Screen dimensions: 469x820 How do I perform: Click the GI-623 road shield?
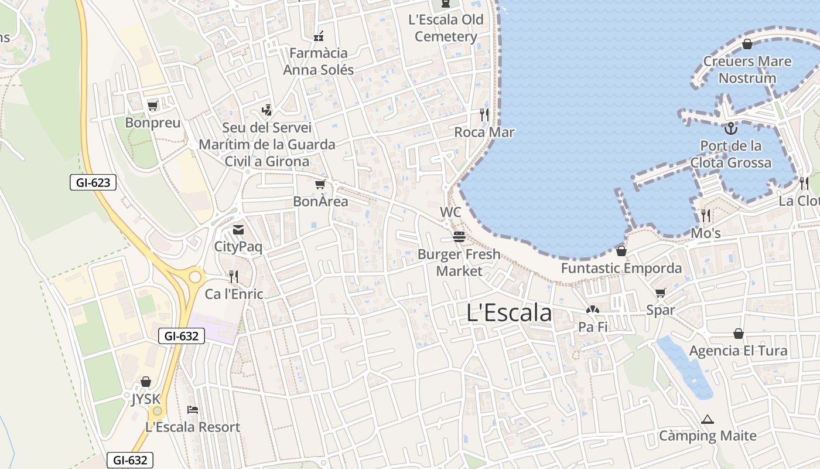tap(93, 182)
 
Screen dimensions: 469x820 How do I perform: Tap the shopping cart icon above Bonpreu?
tap(153, 106)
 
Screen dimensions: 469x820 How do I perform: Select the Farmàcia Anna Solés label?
tap(319, 62)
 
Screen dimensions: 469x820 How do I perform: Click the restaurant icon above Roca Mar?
tap(484, 114)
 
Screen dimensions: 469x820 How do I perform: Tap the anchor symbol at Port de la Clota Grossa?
tap(730, 128)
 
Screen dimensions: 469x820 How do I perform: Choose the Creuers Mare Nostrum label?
tap(747, 70)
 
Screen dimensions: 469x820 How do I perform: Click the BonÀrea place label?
tap(320, 202)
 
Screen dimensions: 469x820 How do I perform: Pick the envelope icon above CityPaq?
tap(238, 229)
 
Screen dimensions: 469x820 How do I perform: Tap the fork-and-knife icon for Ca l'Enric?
tap(234, 276)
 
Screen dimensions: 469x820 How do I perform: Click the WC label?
tap(450, 212)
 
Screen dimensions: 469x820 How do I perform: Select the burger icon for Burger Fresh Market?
tap(459, 237)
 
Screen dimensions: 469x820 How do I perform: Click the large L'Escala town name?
tap(509, 313)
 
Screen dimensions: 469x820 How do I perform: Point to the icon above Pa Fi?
tap(593, 310)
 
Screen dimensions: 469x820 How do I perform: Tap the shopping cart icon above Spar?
tap(661, 293)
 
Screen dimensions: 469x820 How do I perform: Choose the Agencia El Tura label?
tap(738, 351)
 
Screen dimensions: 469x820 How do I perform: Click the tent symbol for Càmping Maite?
tap(708, 419)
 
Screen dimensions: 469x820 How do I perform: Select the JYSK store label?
tap(146, 399)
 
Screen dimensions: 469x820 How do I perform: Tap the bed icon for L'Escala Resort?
tap(193, 409)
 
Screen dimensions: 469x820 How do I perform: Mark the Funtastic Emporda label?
tap(621, 269)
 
